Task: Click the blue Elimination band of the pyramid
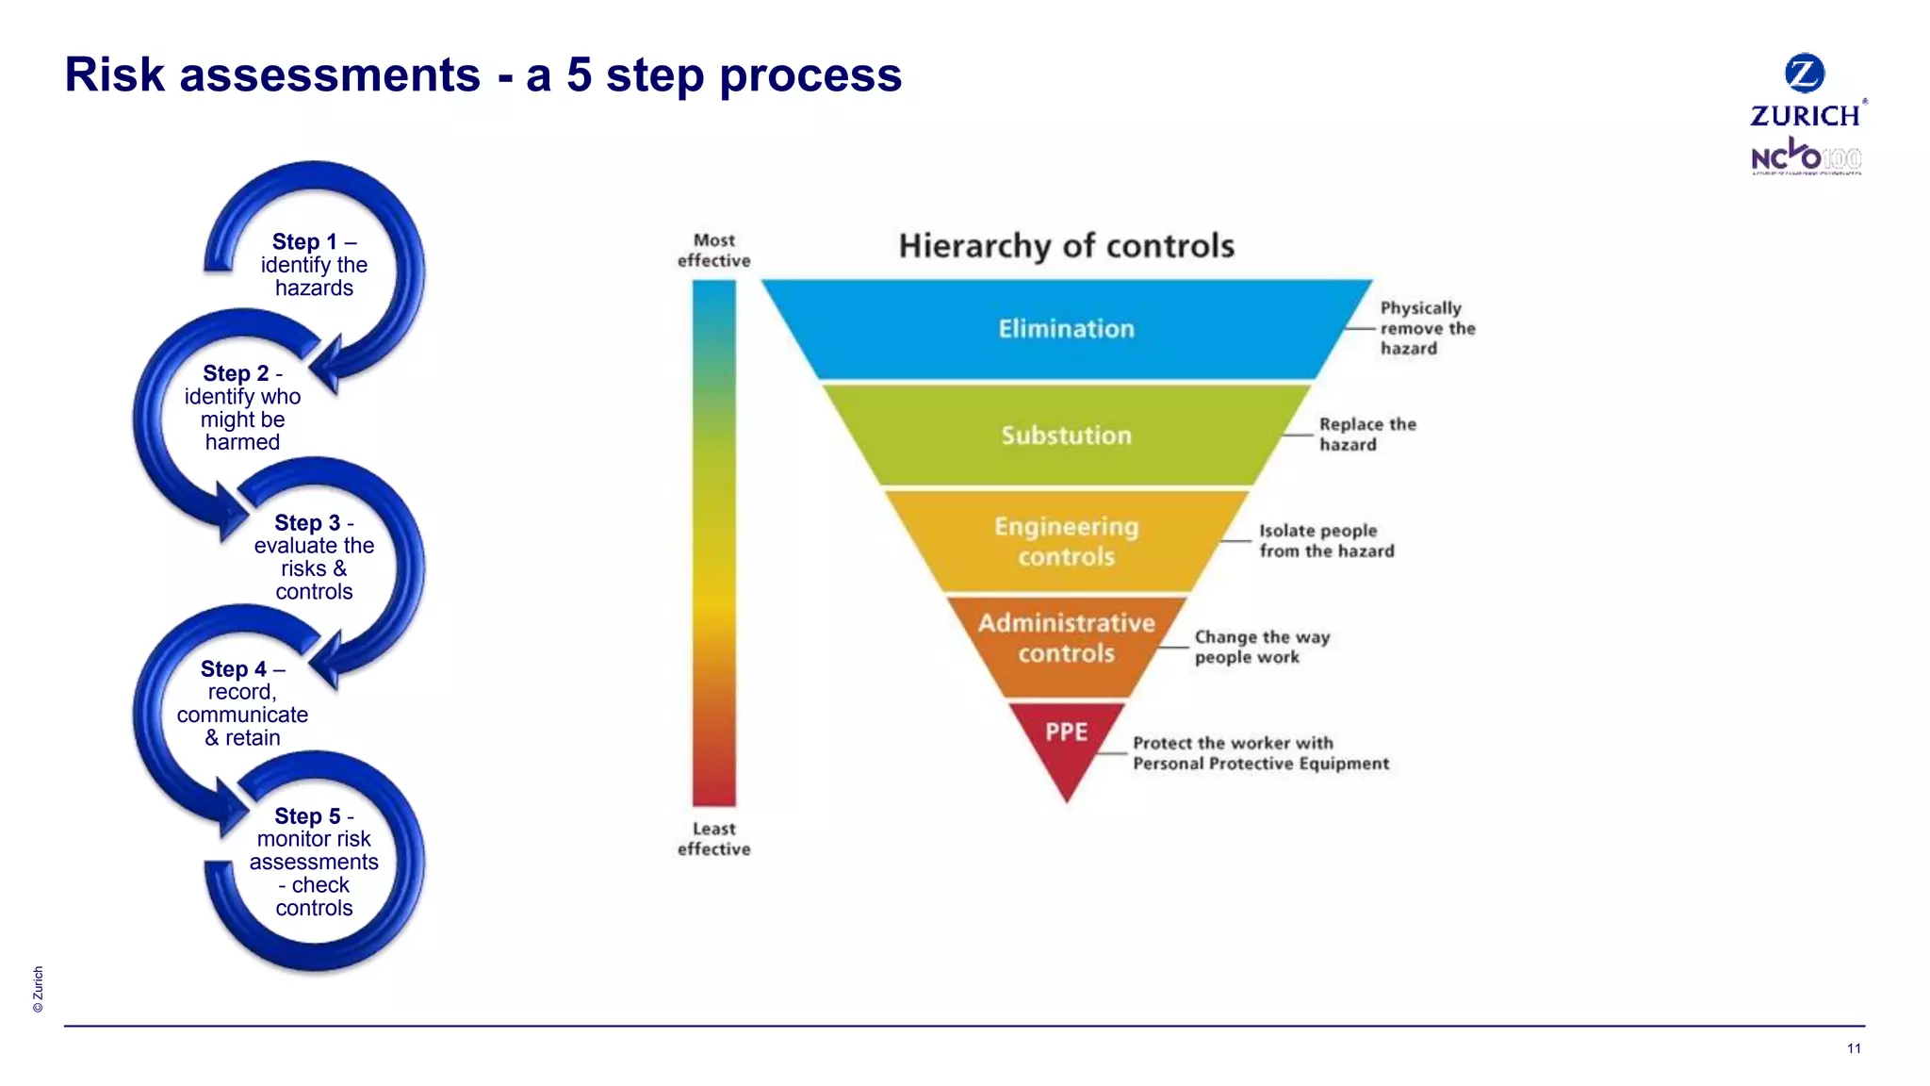[1066, 329]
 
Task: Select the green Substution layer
[1066, 436]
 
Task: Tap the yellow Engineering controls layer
[1066, 541]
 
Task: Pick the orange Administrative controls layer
[1066, 638]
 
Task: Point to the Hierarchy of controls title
[1066, 246]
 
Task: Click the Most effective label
[713, 251]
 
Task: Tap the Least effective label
[713, 839]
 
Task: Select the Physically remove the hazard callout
[1426, 328]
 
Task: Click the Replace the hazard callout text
[1366, 435]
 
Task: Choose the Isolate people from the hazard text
[1326, 541]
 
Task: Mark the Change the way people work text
[1261, 647]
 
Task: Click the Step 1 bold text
[303, 242]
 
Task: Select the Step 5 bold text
[306, 816]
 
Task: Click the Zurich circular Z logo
[1805, 73]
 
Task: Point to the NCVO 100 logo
[1806, 157]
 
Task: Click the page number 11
[1854, 1048]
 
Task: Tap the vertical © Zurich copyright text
[38, 989]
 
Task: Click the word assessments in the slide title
[329, 74]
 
